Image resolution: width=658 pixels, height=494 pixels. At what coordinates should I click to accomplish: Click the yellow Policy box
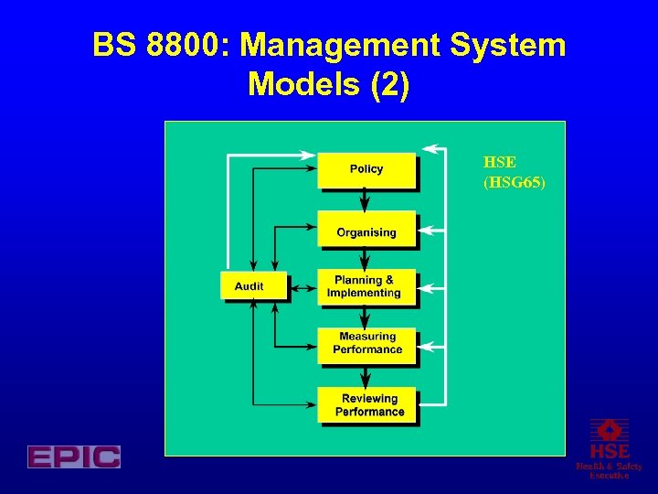(366, 169)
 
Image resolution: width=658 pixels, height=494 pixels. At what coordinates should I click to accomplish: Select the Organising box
(366, 231)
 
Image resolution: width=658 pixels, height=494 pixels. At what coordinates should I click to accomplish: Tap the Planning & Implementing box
(366, 287)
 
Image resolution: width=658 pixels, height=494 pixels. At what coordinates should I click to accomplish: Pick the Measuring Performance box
(366, 344)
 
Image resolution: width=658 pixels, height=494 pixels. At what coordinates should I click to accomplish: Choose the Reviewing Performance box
(368, 404)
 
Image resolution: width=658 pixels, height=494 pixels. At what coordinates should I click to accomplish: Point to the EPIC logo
(74, 456)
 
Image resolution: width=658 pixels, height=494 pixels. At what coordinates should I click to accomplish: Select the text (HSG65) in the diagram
(514, 183)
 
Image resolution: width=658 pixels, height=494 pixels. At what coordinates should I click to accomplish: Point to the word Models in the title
(301, 85)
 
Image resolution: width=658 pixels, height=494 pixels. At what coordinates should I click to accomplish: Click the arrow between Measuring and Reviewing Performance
(366, 376)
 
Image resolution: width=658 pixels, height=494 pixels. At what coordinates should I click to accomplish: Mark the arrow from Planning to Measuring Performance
(366, 317)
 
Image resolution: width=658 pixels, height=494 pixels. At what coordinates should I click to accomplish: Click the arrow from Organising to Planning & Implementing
(366, 258)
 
